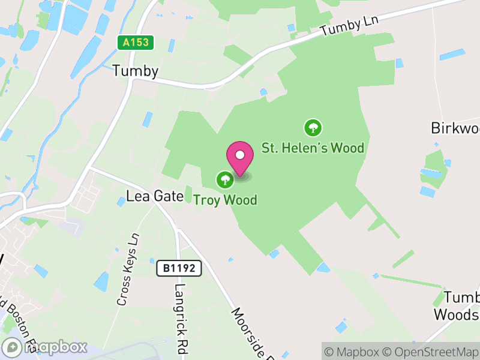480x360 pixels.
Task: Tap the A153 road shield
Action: point(136,43)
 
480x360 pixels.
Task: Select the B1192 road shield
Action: point(179,269)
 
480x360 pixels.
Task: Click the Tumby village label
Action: point(136,71)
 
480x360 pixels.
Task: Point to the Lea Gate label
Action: point(155,196)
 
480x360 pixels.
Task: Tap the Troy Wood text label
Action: point(225,200)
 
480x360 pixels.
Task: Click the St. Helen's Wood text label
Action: point(313,148)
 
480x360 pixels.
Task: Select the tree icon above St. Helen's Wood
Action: point(312,127)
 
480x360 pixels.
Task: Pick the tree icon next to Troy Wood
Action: point(225,179)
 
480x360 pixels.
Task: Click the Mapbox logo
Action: point(45,347)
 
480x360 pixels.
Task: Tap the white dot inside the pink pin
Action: point(240,154)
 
